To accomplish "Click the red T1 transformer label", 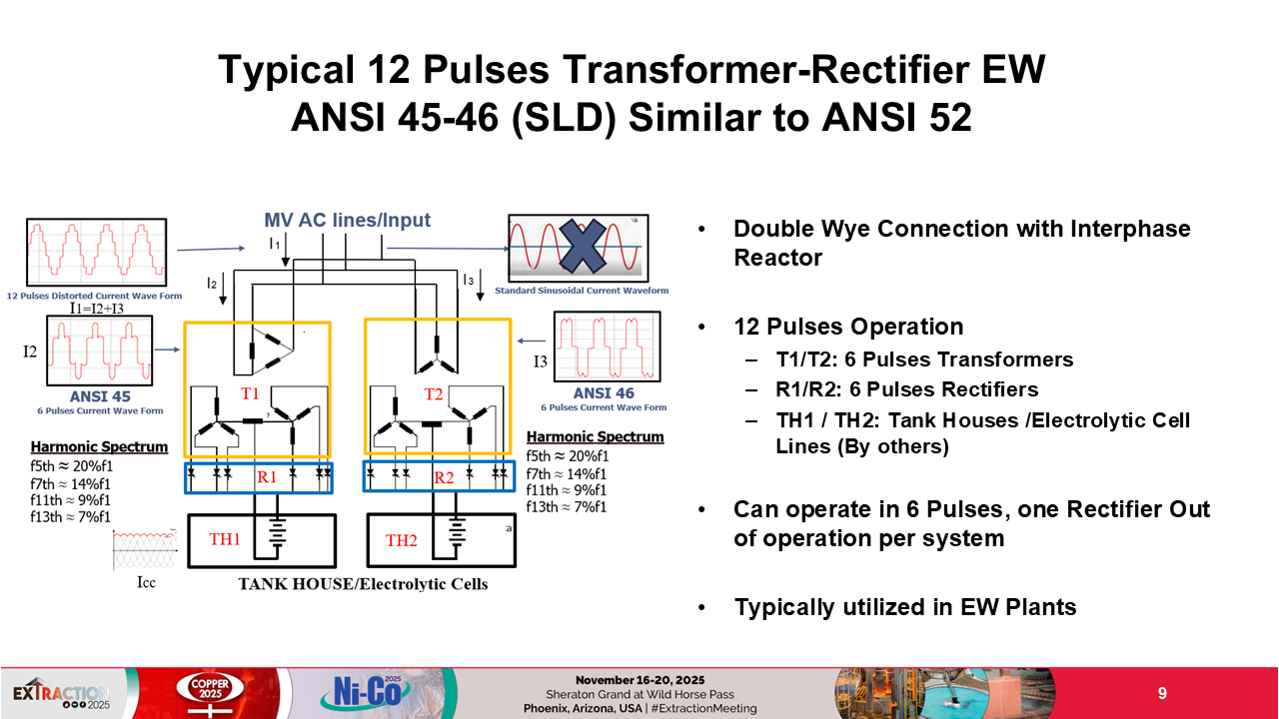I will tap(251, 393).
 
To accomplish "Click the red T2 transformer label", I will tap(434, 393).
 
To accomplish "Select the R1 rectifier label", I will tap(267, 477).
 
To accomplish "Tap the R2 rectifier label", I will tap(444, 477).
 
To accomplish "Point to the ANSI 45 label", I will tap(100, 396).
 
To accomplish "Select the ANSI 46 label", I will tap(604, 393).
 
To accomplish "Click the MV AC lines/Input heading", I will tap(348, 221).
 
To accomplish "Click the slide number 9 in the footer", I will tap(1162, 693).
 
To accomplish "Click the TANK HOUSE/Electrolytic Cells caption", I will tap(363, 583).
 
